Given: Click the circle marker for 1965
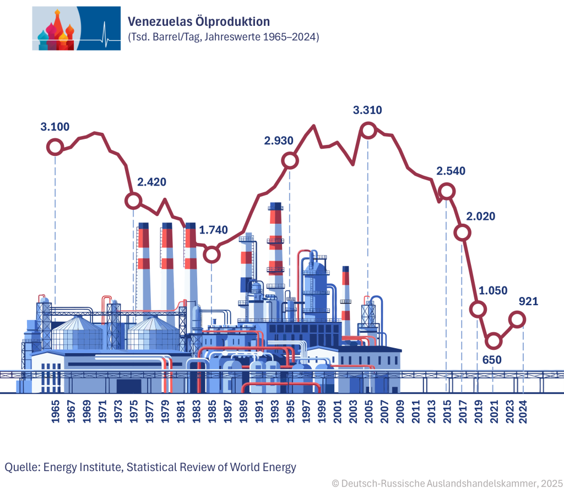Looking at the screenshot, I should click(x=55, y=147).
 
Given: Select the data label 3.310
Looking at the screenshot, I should click(x=367, y=110).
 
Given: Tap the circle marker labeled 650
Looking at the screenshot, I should click(x=493, y=341).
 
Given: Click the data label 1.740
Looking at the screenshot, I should click(x=213, y=230).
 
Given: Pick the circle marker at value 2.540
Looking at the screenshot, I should click(x=447, y=191).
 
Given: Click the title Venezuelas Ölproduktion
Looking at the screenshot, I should click(x=198, y=21).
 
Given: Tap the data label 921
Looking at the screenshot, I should click(x=528, y=301).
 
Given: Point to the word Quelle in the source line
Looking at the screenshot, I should click(x=21, y=467).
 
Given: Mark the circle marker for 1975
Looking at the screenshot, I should click(x=133, y=201).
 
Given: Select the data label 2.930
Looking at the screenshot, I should click(x=279, y=141).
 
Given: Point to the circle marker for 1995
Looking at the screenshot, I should click(x=290, y=161).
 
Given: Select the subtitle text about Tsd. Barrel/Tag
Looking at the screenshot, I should click(x=223, y=37).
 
